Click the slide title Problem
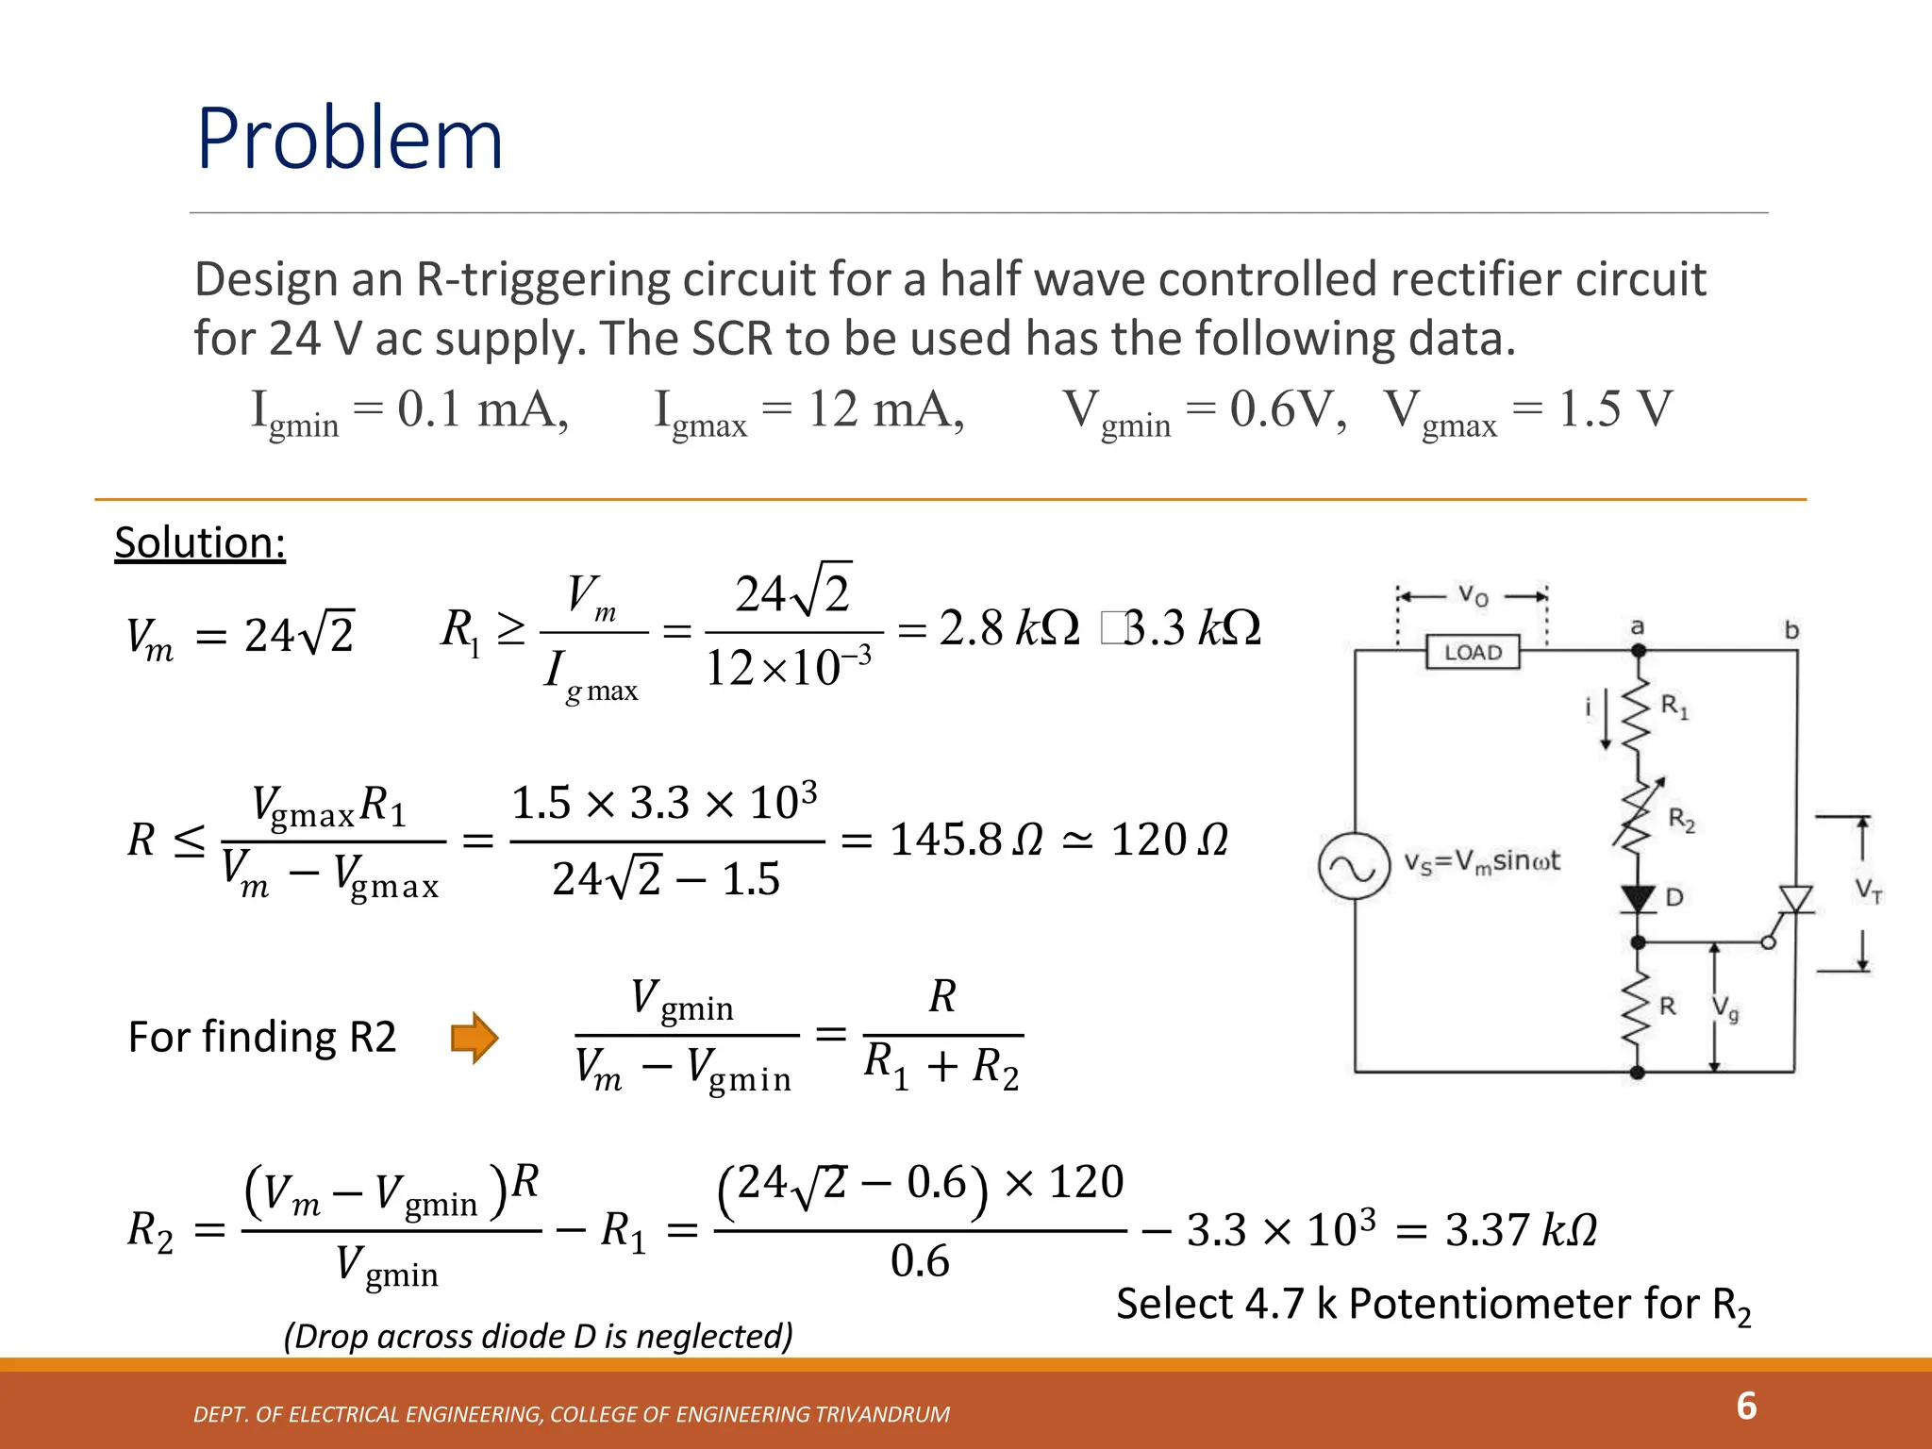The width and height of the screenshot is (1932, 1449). point(349,139)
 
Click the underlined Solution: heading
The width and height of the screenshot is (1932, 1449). point(200,543)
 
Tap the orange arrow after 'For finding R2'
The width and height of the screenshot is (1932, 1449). point(474,1038)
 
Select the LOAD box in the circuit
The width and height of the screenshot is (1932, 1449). point(1472,652)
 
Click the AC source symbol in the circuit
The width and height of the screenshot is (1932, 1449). point(1354,867)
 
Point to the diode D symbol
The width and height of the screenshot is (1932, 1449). point(1639,898)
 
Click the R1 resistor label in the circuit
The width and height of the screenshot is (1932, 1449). point(1674,706)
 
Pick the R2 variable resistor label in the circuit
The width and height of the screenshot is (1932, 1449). point(1681,819)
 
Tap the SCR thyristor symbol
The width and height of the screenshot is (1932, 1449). point(1794,899)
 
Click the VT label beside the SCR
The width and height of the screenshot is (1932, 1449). point(1868,890)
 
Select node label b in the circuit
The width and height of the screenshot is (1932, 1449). point(1791,629)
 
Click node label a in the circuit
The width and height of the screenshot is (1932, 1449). point(1638,626)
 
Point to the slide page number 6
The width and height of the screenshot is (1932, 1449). point(1746,1406)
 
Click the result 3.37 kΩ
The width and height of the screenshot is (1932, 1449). point(1521,1230)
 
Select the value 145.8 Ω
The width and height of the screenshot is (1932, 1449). point(966,840)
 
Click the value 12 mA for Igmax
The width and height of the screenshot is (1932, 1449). point(885,410)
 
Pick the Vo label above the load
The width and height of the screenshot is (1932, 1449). point(1473,595)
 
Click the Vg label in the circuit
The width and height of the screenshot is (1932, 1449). point(1725,1009)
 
